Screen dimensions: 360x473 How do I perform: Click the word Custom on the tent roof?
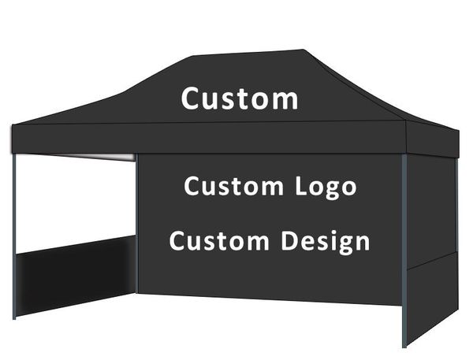(240, 99)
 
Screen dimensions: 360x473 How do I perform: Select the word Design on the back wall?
(326, 242)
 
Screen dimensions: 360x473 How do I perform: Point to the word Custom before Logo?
(233, 187)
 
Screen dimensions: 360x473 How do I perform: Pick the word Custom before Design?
(218, 240)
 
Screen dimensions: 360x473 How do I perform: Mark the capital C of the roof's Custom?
(191, 99)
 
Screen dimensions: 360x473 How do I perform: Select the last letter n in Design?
(362, 243)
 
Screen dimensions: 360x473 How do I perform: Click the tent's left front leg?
(14, 236)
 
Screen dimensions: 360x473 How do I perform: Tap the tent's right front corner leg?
(404, 252)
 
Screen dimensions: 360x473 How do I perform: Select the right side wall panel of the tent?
(431, 244)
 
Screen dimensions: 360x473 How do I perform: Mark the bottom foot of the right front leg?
(404, 343)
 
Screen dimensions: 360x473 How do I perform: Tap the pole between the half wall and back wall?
(136, 228)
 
